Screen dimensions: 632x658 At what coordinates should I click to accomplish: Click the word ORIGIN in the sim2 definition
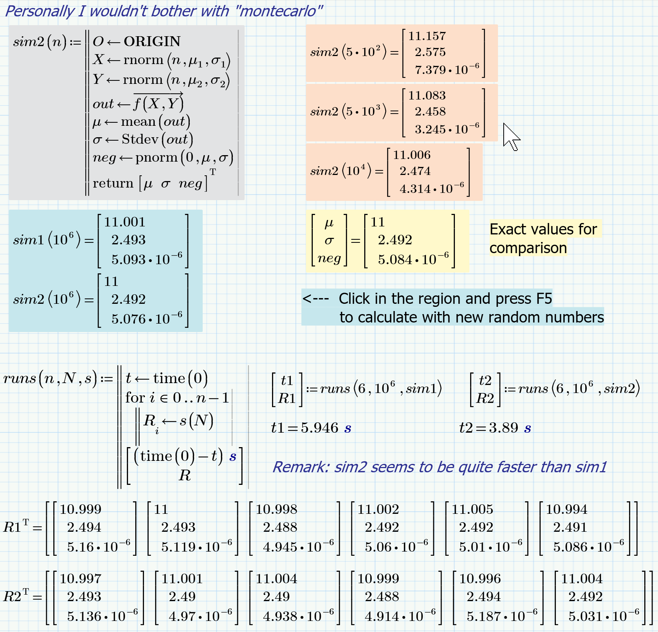tap(152, 41)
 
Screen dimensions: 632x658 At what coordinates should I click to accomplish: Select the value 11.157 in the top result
tap(427, 36)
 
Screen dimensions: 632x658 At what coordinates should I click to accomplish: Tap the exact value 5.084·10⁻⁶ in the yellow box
tap(413, 260)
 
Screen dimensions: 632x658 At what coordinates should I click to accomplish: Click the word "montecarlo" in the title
tap(279, 11)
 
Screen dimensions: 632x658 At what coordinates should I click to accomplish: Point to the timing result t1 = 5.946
tap(311, 428)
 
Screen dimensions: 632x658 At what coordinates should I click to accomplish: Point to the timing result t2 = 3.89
tap(495, 428)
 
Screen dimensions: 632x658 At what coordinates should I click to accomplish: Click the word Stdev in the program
tap(140, 140)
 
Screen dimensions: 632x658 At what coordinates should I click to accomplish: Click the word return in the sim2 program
tap(113, 183)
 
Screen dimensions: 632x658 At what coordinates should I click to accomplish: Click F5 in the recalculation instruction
tap(544, 298)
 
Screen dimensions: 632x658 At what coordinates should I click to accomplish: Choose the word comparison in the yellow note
tap(528, 248)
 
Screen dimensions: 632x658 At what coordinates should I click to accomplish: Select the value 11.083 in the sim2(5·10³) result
tap(427, 96)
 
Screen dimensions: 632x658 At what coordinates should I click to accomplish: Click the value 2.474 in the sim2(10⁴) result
tap(415, 171)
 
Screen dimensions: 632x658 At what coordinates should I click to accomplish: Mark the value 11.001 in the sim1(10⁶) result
tap(125, 222)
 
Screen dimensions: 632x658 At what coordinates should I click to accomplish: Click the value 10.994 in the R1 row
tap(567, 509)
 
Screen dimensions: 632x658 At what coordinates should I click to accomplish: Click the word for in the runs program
tap(135, 398)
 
